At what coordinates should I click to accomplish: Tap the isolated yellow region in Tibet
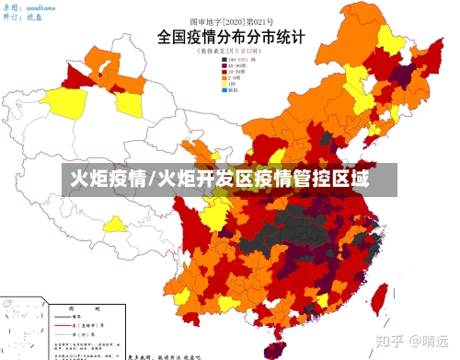115,224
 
